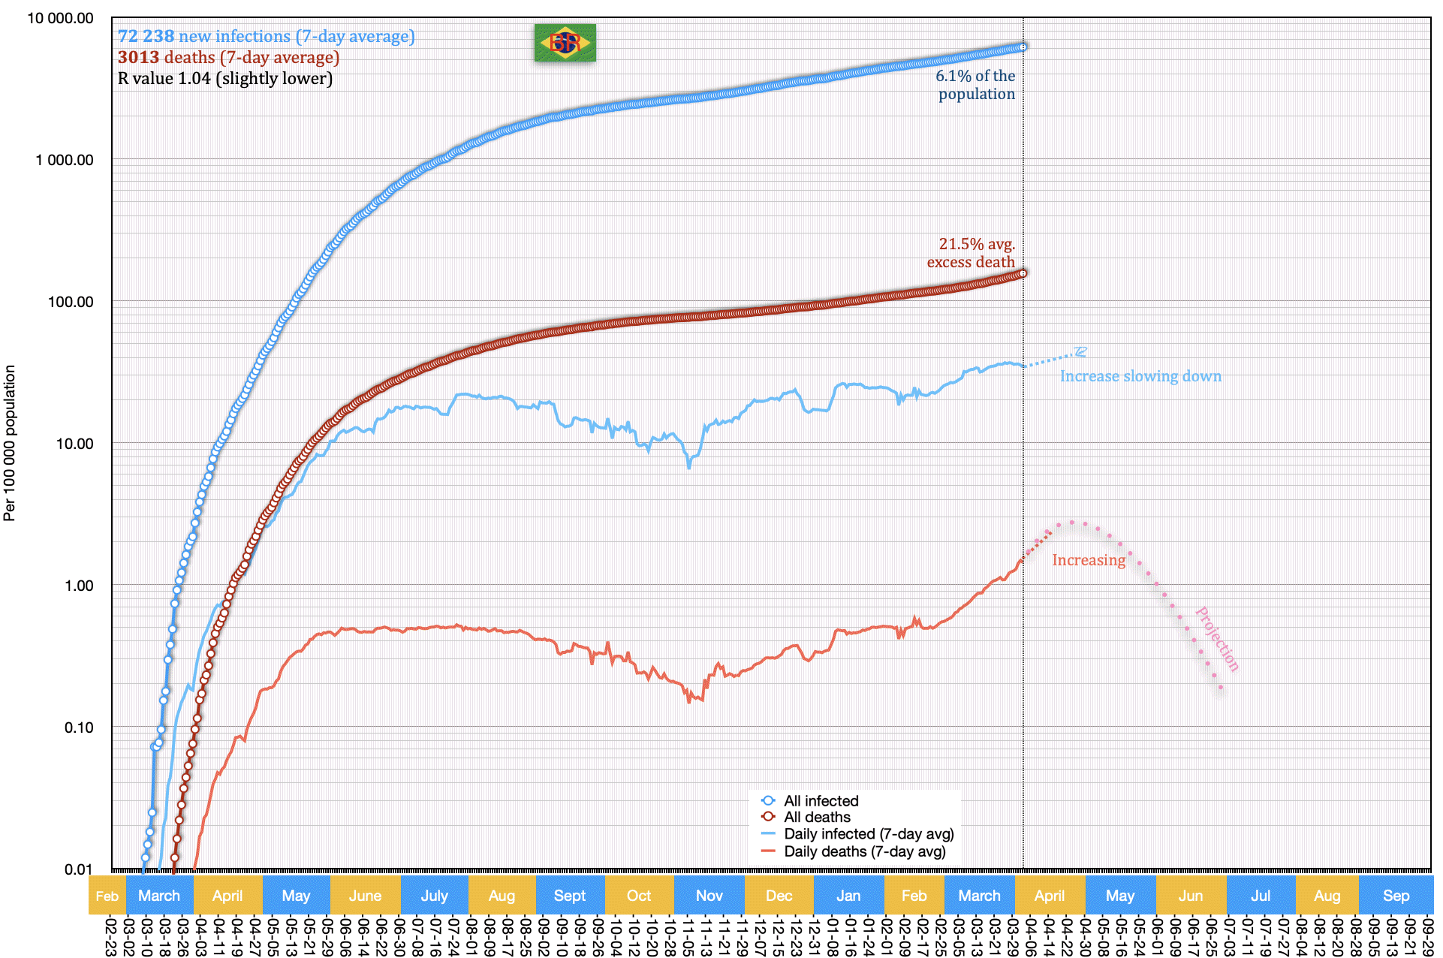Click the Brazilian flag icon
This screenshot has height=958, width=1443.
tap(565, 43)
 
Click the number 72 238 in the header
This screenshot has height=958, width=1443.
tap(146, 36)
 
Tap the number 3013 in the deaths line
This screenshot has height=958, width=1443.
tap(138, 57)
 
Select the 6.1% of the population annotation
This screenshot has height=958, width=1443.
tap(975, 85)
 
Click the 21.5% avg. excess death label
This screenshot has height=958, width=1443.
tap(972, 253)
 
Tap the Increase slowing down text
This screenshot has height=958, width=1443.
tap(1140, 376)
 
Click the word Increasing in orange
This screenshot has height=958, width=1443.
tap(1088, 560)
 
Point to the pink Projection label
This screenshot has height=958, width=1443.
tap(1216, 639)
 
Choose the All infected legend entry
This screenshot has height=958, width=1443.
tap(821, 801)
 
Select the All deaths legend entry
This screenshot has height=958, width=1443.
tap(817, 817)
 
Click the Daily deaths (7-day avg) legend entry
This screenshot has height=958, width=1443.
tap(864, 851)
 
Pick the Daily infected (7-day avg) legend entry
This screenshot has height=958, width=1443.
tap(869, 834)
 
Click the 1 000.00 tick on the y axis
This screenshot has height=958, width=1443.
tap(65, 160)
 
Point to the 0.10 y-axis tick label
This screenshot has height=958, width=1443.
tap(79, 728)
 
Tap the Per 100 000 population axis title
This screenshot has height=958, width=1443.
tap(10, 443)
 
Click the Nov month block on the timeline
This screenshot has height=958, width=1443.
tap(709, 895)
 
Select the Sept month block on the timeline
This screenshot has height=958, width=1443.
tap(569, 895)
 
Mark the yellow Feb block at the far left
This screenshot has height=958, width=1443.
tap(107, 895)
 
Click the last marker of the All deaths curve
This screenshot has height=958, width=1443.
tap(1022, 273)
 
